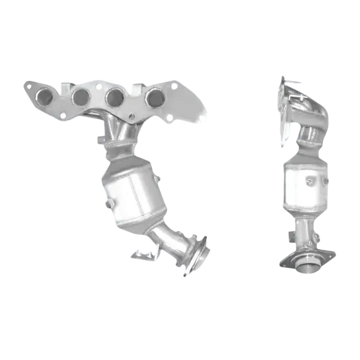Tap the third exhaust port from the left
pyautogui.click(x=115, y=97)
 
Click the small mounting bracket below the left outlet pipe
pyautogui.click(x=143, y=253)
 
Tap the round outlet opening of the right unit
pyautogui.click(x=308, y=268)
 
